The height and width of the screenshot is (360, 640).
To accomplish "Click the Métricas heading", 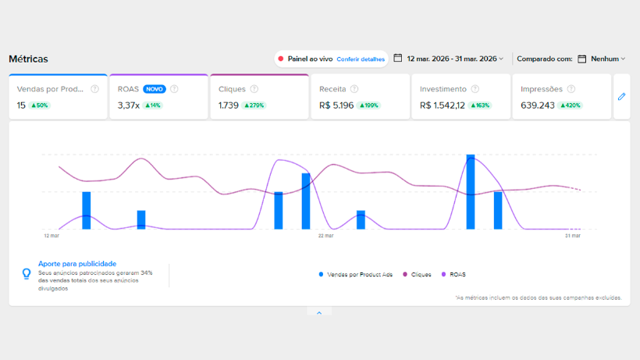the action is pos(28,59).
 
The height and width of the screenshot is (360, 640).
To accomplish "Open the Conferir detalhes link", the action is pos(361,59).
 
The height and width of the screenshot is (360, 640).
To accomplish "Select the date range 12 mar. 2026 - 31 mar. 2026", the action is pos(452,59).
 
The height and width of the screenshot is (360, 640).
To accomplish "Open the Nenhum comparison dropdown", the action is pos(608,59).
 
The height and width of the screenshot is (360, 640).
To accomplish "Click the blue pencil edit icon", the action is pos(621,97).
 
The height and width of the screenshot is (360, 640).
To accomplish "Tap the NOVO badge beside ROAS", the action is pos(155,89).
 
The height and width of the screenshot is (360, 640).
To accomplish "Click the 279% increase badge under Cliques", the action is pos(254,105).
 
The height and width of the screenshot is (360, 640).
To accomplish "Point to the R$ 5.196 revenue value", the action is pos(336,105).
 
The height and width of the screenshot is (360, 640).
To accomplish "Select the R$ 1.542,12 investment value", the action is pos(443,105).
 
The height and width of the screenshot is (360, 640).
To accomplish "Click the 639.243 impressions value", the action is pos(538,105).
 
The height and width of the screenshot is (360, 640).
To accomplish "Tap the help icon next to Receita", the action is pos(354,89).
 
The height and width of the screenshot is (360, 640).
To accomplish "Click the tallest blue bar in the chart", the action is pos(471,192).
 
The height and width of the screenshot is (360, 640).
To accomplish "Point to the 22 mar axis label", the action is pos(325,236).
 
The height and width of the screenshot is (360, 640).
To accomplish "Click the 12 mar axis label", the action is pos(52,236).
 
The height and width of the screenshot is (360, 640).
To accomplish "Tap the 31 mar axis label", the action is pos(573,236).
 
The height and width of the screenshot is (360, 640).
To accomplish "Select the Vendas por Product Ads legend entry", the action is pos(355,275).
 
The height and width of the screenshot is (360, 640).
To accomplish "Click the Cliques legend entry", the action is pos(417,275).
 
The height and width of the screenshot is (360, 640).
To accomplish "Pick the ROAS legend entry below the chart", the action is pos(453,275).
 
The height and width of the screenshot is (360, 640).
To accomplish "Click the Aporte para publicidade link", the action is pos(77,264).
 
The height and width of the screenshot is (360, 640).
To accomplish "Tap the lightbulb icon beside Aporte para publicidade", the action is pos(27,274).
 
